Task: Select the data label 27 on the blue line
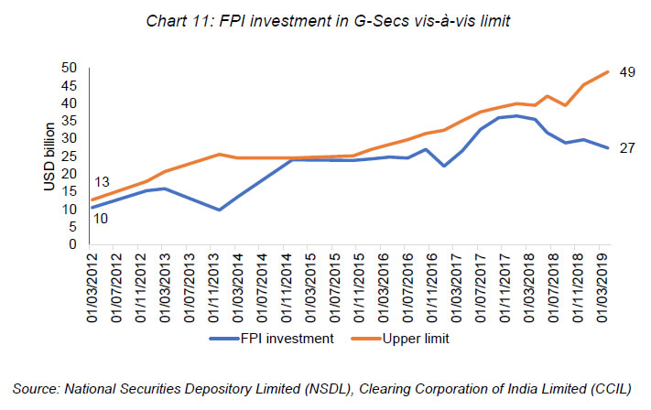click(x=626, y=147)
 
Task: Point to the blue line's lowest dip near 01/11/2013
click(x=219, y=210)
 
